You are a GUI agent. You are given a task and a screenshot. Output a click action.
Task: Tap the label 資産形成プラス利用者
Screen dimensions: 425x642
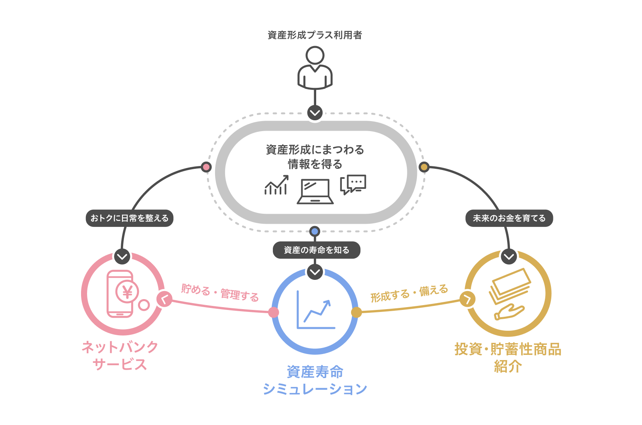pos(315,35)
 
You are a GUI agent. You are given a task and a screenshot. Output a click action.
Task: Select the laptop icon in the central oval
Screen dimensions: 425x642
pos(315,191)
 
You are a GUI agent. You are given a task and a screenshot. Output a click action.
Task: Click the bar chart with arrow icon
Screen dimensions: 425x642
pos(276,185)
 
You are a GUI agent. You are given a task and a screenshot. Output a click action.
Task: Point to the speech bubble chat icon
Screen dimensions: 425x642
pos(353,184)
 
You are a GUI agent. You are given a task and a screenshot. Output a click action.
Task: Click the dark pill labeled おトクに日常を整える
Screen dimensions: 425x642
pos(130,218)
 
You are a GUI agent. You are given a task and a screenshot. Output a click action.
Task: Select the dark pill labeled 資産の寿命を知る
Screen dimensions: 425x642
pos(317,250)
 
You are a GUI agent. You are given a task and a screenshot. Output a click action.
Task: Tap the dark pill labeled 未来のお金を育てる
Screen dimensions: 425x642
pos(509,218)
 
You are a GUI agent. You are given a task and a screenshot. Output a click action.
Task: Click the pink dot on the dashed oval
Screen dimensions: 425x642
pos(206,167)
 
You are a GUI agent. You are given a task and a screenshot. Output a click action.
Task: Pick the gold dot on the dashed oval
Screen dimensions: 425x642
pos(424,167)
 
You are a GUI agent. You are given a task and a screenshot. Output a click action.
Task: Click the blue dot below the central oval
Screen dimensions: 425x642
pos(315,231)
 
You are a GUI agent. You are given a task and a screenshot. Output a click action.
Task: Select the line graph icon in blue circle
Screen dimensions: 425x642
pos(315,310)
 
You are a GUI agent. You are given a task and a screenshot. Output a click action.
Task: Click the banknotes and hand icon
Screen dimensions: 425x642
pos(509,294)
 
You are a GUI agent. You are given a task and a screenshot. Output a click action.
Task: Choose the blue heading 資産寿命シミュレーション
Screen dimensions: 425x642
pos(315,380)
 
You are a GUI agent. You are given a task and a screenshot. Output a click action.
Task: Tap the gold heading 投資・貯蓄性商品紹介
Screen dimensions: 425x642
pos(508,358)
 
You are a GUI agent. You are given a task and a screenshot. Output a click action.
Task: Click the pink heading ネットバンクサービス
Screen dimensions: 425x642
pos(120,355)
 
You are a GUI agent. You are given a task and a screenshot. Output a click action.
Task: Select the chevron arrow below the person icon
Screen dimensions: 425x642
pos(315,113)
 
